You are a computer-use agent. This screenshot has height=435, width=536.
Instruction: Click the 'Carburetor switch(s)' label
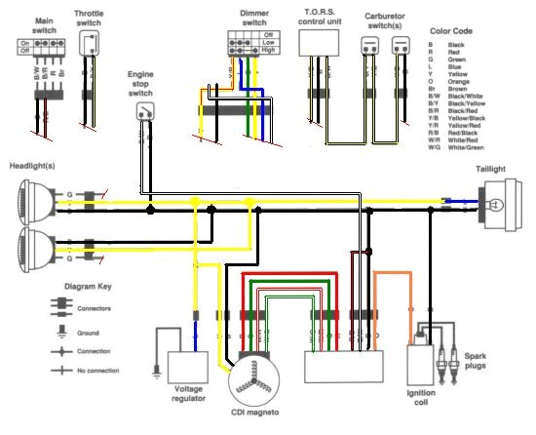point(385,21)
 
